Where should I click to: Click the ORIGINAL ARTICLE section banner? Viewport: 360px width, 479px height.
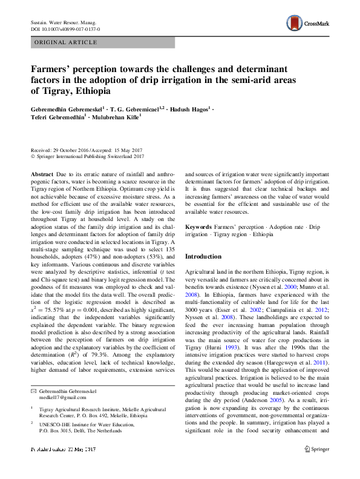pos(67,42)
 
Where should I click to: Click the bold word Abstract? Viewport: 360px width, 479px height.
pos(44,174)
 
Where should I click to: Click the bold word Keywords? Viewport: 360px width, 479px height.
pos(198,226)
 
